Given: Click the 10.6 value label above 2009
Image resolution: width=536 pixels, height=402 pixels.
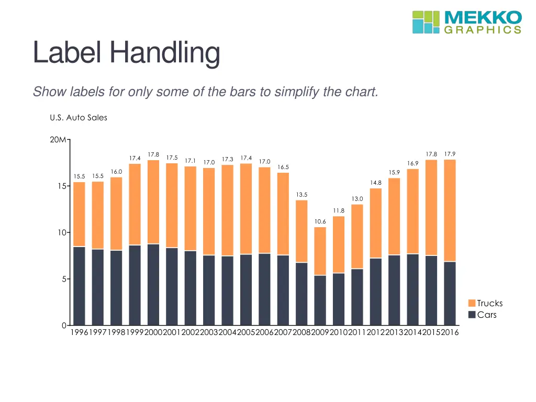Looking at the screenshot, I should [320, 221].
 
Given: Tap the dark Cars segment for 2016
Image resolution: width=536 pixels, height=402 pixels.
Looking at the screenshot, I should [450, 293].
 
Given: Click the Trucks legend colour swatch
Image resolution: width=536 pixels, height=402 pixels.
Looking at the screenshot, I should [472, 304].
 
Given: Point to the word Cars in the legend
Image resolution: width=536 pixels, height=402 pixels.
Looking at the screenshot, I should [487, 315].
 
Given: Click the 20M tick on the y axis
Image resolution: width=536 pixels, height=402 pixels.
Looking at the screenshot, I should [58, 140].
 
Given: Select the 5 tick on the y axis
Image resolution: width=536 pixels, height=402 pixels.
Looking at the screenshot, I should [63, 279].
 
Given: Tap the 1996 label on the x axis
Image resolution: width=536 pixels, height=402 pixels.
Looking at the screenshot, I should [79, 333].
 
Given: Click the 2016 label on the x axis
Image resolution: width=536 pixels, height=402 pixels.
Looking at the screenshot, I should [450, 333].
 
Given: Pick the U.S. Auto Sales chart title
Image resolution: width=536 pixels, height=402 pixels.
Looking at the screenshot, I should [79, 118].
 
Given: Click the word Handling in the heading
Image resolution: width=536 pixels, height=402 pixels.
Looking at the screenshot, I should [165, 53].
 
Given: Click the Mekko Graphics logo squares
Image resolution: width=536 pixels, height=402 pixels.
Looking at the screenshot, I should [426, 22].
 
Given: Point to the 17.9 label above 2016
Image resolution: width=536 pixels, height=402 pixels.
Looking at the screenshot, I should [450, 154].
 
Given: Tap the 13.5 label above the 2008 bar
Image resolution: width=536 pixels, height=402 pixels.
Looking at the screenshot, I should [301, 195].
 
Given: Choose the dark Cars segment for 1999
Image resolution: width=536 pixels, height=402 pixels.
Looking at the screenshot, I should [135, 285].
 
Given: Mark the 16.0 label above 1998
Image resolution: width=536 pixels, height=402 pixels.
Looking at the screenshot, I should [116, 172].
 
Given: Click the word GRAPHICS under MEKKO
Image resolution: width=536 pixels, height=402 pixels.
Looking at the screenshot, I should [483, 30].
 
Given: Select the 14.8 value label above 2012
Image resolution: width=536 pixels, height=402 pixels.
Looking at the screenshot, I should [375, 183].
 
